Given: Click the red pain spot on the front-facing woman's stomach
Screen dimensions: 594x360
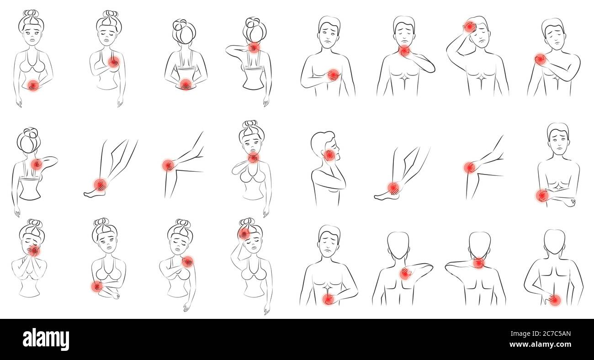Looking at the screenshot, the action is pyautogui.click(x=33, y=85).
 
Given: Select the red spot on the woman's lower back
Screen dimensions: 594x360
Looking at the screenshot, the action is pyautogui.click(x=186, y=84).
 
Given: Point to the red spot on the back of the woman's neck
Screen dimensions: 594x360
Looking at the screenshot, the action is pyautogui.click(x=254, y=48).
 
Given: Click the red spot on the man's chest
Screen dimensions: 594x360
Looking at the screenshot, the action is pyautogui.click(x=333, y=75).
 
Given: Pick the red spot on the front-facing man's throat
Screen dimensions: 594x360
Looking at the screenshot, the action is pyautogui.click(x=404, y=51).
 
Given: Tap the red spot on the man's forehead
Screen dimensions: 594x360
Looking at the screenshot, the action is pyautogui.click(x=469, y=27).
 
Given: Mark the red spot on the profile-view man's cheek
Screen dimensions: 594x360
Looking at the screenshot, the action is pyautogui.click(x=329, y=155).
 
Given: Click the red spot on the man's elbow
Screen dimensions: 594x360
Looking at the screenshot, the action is pyautogui.click(x=542, y=196).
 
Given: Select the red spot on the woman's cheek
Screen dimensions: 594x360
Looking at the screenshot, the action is pyautogui.click(x=34, y=251).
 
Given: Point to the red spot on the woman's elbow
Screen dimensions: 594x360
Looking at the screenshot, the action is pyautogui.click(x=96, y=286).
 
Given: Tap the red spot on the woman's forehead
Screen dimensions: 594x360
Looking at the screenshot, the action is pyautogui.click(x=244, y=233).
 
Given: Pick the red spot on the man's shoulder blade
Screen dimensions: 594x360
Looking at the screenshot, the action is pyautogui.click(x=405, y=273).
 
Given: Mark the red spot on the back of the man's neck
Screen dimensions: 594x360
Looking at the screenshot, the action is pyautogui.click(x=479, y=263).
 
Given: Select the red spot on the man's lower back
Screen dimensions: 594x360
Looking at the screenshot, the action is pyautogui.click(x=555, y=300).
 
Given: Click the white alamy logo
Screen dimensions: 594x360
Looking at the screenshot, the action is pyautogui.click(x=46, y=339).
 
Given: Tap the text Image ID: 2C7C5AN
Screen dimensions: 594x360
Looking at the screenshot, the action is pyautogui.click(x=541, y=334).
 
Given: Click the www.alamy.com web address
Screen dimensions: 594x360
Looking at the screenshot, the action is pyautogui.click(x=540, y=344).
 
